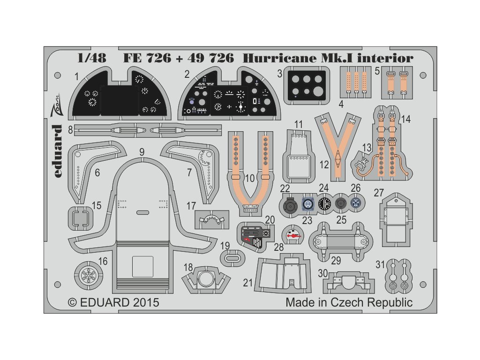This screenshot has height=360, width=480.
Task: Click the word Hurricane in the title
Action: (x=286, y=58)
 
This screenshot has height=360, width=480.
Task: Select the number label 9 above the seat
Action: (x=142, y=152)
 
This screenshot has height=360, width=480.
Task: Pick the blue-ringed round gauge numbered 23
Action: (x=308, y=204)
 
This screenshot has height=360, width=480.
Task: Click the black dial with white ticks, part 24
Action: (x=324, y=204)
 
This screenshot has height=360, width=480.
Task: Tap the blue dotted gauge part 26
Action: (x=356, y=204)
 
